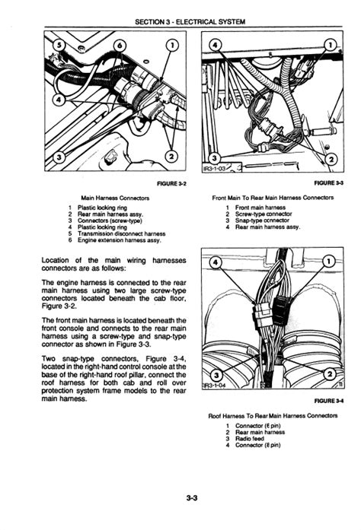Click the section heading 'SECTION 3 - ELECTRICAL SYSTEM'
click(x=190, y=22)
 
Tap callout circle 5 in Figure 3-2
click(x=59, y=46)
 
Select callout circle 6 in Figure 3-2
click(x=119, y=46)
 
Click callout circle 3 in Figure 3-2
click(x=59, y=157)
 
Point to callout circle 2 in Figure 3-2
click(x=171, y=157)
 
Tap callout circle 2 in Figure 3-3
click(x=331, y=159)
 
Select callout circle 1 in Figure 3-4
click(x=329, y=262)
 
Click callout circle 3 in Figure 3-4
click(x=217, y=375)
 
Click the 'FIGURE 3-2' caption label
click(x=171, y=183)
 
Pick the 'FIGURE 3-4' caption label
click(x=329, y=401)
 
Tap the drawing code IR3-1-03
click(x=214, y=168)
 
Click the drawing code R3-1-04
click(x=214, y=386)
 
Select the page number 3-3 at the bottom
click(x=192, y=497)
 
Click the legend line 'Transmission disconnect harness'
click(x=122, y=233)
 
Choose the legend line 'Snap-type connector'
click(x=262, y=221)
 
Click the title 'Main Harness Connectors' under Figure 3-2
click(x=115, y=198)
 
